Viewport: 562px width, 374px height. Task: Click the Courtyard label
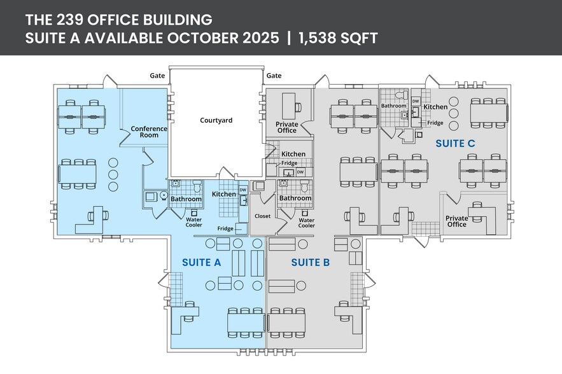coord(216,120)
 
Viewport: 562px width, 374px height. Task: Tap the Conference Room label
coord(149,132)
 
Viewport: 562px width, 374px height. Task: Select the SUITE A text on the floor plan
coord(202,262)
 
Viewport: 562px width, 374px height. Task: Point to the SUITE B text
coord(311,262)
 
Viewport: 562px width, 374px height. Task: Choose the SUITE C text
coord(455,144)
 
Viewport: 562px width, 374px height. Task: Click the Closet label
coord(262,216)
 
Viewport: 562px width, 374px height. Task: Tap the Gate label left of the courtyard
coord(158,76)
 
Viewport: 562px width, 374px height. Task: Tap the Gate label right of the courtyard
coord(274,76)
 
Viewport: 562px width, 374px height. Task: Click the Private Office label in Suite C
coord(457,221)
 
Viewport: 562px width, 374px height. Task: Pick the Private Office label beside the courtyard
coord(287,127)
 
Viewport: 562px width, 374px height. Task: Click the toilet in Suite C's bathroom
coord(401,96)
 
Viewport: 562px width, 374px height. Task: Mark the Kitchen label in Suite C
coord(435,107)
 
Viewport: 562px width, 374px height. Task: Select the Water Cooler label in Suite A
coord(194,222)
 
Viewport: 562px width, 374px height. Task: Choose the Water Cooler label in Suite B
coord(307,222)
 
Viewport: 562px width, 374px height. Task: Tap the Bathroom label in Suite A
coord(186,199)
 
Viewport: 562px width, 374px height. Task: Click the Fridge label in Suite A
coord(225,228)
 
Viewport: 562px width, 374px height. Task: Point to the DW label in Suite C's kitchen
coord(416,100)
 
